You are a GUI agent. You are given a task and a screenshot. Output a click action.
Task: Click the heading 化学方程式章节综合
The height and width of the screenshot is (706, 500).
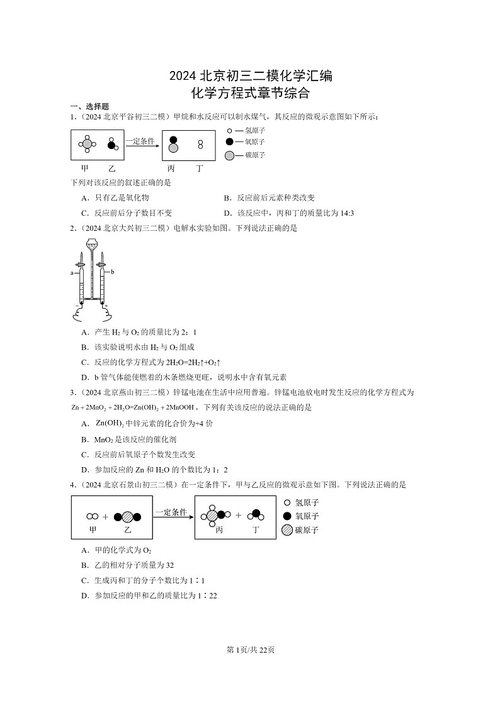point(250,94)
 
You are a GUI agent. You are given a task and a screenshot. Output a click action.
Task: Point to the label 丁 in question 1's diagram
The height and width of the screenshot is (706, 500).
point(200,168)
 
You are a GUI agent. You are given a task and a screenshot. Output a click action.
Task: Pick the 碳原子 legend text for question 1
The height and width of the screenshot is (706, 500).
point(254,155)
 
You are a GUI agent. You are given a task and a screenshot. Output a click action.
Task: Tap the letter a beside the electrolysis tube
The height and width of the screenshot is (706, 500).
point(72,273)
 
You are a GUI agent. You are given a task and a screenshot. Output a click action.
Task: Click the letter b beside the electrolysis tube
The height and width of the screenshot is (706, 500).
point(113,272)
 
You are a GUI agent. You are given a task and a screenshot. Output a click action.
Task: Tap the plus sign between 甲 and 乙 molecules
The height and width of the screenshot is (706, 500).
point(105,517)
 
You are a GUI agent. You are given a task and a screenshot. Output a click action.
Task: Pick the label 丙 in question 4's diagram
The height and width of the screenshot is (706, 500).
point(219,530)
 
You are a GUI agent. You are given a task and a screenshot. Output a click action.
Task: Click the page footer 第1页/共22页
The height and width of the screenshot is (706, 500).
point(250,649)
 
